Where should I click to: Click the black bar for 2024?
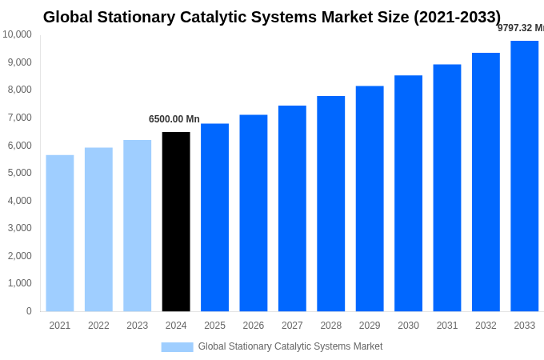coord(176,222)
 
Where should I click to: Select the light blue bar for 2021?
coord(60,233)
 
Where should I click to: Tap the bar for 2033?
coord(524,176)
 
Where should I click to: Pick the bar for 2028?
coord(330,203)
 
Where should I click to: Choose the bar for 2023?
coord(137,226)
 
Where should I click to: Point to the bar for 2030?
coord(408,193)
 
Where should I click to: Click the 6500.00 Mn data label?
coord(174,119)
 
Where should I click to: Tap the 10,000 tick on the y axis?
coord(18,34)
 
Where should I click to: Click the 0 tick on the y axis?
coord(29,311)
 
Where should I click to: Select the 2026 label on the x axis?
coord(254,326)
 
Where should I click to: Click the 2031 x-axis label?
coord(447,326)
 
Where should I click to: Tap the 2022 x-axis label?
coord(98,326)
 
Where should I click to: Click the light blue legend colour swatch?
coord(177,346)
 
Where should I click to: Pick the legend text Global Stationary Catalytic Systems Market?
coord(290,346)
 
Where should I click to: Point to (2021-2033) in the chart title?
coord(457,17)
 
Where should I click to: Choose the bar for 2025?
coord(214,218)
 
